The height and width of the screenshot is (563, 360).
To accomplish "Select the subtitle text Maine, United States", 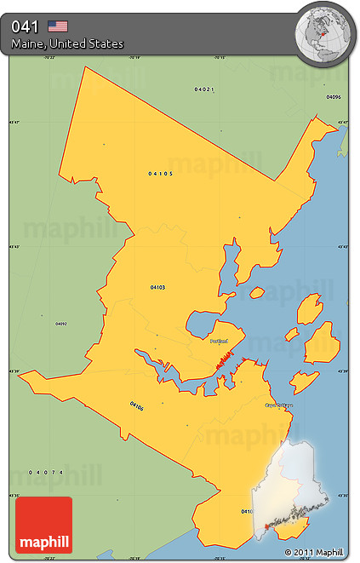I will [68, 43].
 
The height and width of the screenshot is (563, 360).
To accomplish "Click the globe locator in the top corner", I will [323, 30].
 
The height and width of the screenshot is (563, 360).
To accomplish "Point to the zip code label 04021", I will [203, 89].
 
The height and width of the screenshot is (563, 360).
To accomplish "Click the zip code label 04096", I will [333, 97].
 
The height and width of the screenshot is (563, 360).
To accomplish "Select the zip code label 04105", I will [160, 174].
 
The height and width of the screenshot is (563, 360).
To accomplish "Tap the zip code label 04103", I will [157, 287].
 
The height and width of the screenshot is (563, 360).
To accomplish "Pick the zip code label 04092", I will [61, 324].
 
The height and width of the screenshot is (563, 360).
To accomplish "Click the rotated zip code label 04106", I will [136, 407].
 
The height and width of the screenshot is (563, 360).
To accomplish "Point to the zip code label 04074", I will [46, 472].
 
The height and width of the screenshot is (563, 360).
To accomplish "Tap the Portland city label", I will [219, 341].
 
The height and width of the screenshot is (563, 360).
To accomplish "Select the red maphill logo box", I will [43, 525].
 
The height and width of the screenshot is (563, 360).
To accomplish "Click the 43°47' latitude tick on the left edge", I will [14, 122].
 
